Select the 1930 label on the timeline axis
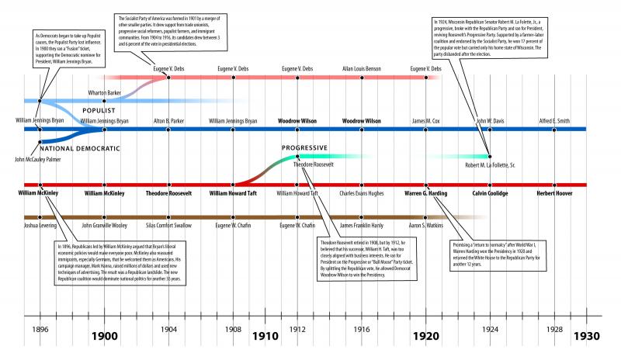[587, 337]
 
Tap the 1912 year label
[297, 328]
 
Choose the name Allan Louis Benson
[361, 69]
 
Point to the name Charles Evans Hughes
[361, 192]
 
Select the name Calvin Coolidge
[490, 192]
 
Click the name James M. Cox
[426, 121]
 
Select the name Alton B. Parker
[169, 121]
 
